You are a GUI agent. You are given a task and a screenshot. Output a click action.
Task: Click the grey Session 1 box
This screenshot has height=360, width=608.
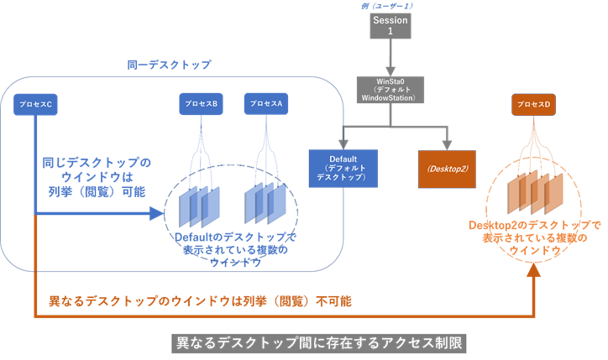pos(389,26)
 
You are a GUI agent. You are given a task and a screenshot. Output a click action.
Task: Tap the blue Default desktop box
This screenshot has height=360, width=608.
pos(343,168)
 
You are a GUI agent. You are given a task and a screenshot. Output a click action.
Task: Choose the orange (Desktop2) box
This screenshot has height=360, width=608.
pos(447,168)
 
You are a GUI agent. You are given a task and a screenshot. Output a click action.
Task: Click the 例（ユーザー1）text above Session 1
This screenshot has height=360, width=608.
pos(389,6)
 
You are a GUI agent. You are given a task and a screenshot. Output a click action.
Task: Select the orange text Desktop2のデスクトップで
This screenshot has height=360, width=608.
pos(535,225)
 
